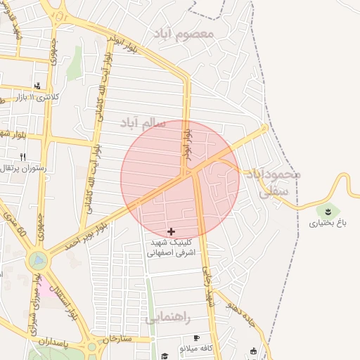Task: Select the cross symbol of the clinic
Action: tap(171, 231)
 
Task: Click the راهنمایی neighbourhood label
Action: tap(168, 319)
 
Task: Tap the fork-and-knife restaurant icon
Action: tap(23, 157)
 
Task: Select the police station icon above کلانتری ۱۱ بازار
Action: tap(37, 86)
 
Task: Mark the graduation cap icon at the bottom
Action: tap(165, 356)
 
